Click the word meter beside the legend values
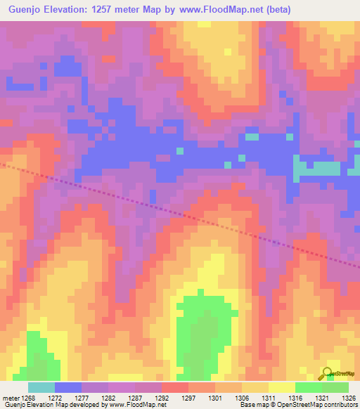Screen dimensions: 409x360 pos(10,398)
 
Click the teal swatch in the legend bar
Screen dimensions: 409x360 pos(41,387)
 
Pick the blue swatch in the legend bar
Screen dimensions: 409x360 pos(67,387)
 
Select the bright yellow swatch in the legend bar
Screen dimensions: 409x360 pos(281,387)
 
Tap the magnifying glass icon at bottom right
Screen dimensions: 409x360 pos(328,373)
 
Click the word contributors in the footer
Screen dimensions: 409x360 pos(340,405)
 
